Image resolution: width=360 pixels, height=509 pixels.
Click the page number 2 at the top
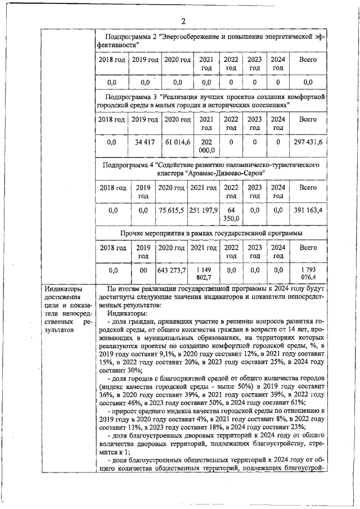pyautogui.click(x=183, y=21)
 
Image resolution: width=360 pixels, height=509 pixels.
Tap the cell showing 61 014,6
pyautogui.click(x=177, y=142)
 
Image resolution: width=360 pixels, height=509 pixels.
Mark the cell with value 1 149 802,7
pyautogui.click(x=203, y=273)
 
